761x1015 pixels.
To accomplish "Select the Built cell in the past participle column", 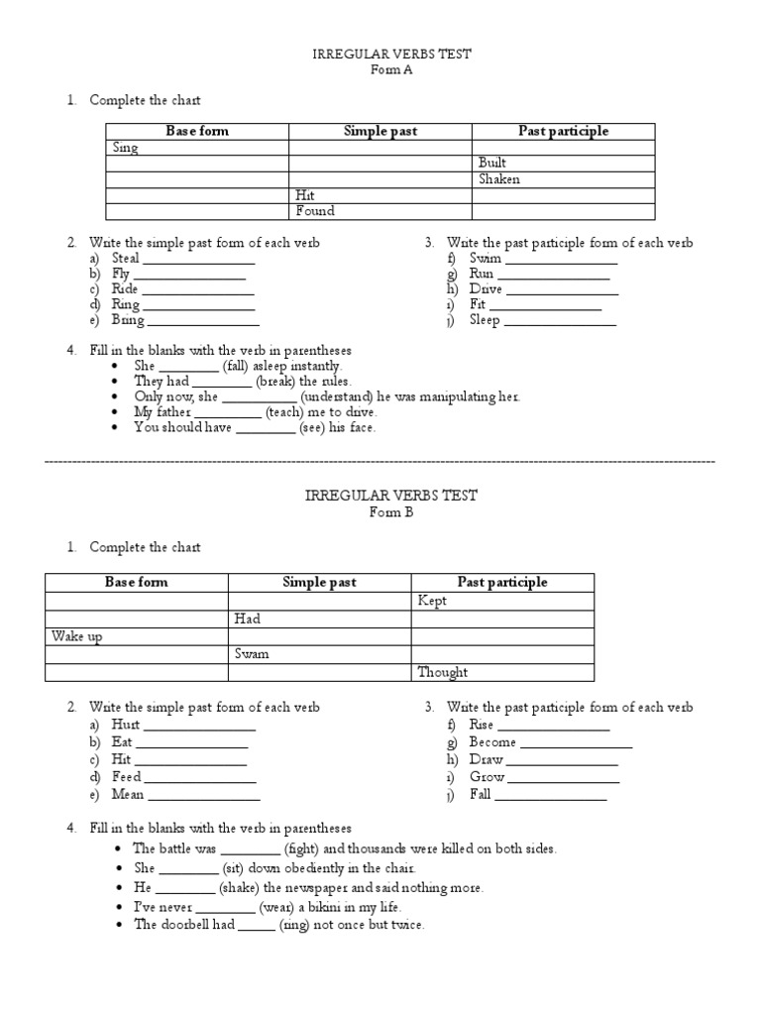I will coord(492,164).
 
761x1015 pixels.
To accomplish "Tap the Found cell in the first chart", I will coord(315,211).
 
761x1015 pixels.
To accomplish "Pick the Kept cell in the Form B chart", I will coord(433,601).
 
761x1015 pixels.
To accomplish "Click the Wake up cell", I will coord(76,636).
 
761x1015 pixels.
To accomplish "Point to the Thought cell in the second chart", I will coord(442,672).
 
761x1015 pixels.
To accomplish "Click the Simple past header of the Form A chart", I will coord(380,131).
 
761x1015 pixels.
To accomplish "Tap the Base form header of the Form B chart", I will coord(137,582).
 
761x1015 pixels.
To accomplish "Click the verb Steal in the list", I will coord(127,259).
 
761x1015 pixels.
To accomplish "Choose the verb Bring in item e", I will coord(128,320).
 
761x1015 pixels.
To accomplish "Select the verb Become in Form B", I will coord(492,742).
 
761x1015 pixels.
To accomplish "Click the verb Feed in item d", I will coord(127,777).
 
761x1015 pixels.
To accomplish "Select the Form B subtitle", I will coord(390,512).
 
